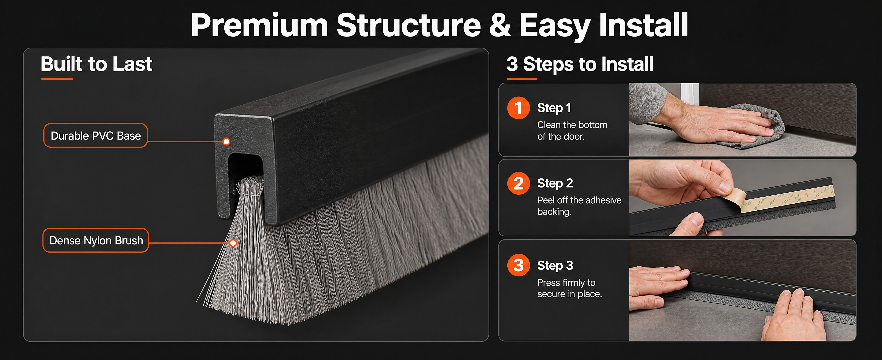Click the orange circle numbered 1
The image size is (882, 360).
coord(518,108)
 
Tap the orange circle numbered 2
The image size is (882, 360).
coord(518,183)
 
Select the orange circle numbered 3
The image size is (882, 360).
coord(518,265)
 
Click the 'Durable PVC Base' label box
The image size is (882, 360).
coord(96,135)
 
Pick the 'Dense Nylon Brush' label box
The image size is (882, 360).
coord(96,240)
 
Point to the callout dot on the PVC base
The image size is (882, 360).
coord(226,141)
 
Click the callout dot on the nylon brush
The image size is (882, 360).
coord(233,243)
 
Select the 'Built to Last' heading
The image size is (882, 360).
coord(96,64)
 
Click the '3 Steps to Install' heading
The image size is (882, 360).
coord(580,64)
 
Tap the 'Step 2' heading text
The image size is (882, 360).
coord(555,183)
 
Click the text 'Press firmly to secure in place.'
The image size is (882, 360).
coord(569,288)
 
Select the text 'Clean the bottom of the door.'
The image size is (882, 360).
coord(572,130)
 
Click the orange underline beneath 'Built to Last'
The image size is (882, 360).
coord(57,79)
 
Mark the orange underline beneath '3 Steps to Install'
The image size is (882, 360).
coord(522,79)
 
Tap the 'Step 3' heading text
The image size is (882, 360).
coord(555,265)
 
